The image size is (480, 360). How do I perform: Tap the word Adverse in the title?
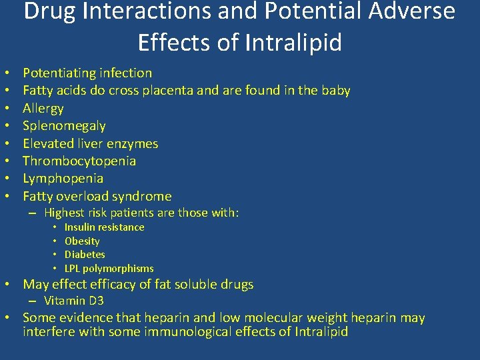click(x=413, y=12)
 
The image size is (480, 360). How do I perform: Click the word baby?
click(x=335, y=91)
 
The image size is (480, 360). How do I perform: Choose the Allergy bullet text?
click(x=43, y=108)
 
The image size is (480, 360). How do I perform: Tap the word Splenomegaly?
click(x=64, y=125)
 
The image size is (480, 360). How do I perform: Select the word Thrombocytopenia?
click(x=79, y=161)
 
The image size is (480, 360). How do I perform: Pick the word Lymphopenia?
click(x=63, y=178)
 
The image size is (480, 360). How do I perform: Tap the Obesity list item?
click(x=82, y=241)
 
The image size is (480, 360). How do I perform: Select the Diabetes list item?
click(x=85, y=255)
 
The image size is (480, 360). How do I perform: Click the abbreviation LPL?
click(x=73, y=269)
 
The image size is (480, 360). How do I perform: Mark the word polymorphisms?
click(x=118, y=269)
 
